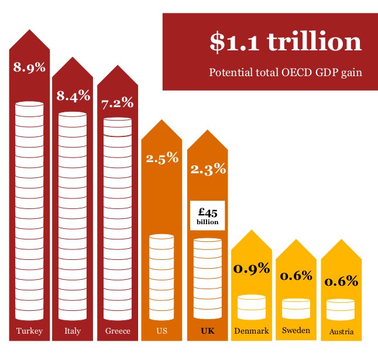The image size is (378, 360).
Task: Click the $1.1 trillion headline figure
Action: [286, 43]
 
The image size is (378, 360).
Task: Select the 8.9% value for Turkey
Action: [29, 68]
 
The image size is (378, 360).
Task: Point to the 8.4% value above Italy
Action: [73, 95]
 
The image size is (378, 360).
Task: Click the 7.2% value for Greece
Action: [117, 104]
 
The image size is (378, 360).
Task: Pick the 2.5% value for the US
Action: [162, 158]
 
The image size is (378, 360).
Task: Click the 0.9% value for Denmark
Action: [252, 269]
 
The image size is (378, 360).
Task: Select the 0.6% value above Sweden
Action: [295, 276]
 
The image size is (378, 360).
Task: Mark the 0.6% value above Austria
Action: [341, 281]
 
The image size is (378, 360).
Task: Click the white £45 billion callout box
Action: [208, 215]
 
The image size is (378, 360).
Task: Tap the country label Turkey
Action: [29, 331]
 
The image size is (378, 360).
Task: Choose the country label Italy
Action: [73, 331]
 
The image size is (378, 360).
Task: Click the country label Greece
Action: [118, 331]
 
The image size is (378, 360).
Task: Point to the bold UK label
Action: [208, 331]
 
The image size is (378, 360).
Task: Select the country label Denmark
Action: [252, 331]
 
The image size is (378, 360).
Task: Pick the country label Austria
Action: [341, 332]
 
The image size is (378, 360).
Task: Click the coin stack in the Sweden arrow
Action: [296, 308]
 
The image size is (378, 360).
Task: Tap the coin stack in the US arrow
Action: [162, 275]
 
